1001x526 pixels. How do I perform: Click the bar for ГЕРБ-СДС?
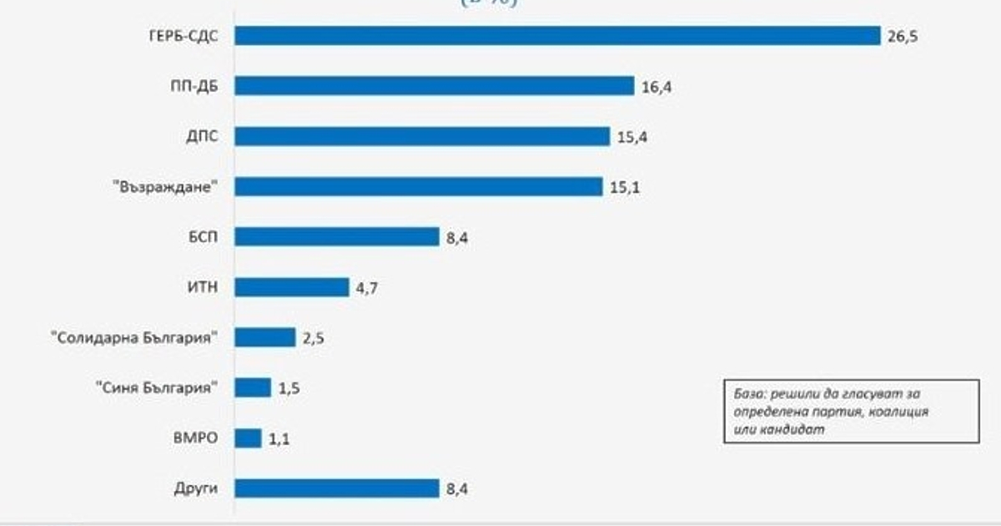click(x=557, y=36)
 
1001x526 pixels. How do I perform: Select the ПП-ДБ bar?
click(x=435, y=86)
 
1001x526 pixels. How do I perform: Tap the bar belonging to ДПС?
click(x=422, y=136)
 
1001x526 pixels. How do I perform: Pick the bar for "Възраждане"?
click(x=418, y=186)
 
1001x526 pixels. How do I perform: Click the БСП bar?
click(x=336, y=236)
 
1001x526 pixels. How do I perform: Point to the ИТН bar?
click(x=291, y=287)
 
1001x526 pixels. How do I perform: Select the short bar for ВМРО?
click(x=249, y=438)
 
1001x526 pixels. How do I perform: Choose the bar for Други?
click(x=336, y=488)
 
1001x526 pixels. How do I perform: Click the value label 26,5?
click(x=903, y=37)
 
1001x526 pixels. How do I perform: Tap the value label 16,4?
click(x=657, y=87)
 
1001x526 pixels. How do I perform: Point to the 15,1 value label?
click(x=625, y=188)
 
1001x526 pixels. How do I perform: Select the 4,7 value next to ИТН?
click(x=367, y=288)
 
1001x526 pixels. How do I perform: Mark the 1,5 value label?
click(x=290, y=389)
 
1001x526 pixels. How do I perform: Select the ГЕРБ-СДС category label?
click(x=178, y=37)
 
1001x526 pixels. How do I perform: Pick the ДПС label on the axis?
click(x=202, y=137)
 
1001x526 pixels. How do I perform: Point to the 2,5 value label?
click(x=314, y=338)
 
